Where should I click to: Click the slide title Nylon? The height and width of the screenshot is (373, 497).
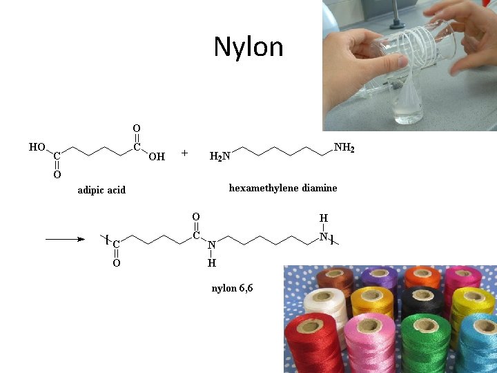248,47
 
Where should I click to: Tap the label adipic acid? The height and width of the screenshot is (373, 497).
101,190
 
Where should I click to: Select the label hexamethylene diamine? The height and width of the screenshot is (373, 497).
283,188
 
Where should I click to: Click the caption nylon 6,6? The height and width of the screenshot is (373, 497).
232,288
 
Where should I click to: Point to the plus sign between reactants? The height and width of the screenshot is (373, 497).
184,153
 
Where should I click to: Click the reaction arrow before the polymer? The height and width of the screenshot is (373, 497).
65,240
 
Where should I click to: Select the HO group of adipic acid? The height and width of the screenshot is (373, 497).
37,147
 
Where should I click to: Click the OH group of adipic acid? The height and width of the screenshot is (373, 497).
157,157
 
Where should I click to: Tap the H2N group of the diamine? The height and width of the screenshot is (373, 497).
220,157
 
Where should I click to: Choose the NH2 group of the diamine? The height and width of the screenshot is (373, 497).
344,147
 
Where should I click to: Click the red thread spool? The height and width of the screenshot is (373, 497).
314,342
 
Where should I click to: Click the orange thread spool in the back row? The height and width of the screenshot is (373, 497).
422,276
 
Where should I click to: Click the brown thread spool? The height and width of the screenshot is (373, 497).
336,279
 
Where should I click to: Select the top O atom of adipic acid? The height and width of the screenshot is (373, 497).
137,128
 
